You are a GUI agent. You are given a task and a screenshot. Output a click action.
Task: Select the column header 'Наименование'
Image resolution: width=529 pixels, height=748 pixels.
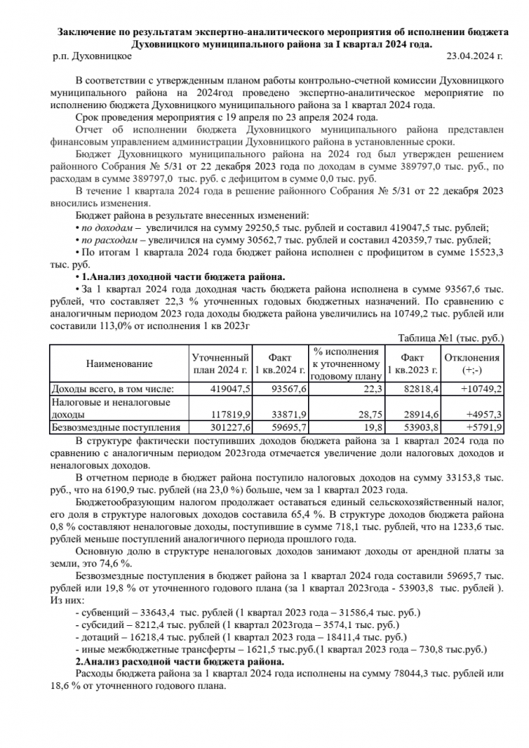point(119,363)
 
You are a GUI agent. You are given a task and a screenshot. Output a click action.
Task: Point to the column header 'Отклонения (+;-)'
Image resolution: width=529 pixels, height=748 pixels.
point(473,363)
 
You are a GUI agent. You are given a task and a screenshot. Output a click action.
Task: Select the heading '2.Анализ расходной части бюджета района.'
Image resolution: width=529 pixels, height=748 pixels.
point(179,662)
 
